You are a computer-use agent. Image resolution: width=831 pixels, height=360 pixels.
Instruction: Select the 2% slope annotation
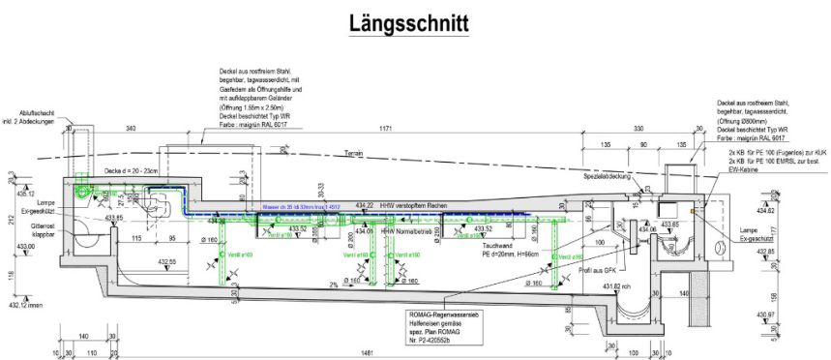pos(334,285)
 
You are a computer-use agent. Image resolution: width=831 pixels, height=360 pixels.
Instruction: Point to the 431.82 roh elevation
pos(618,286)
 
